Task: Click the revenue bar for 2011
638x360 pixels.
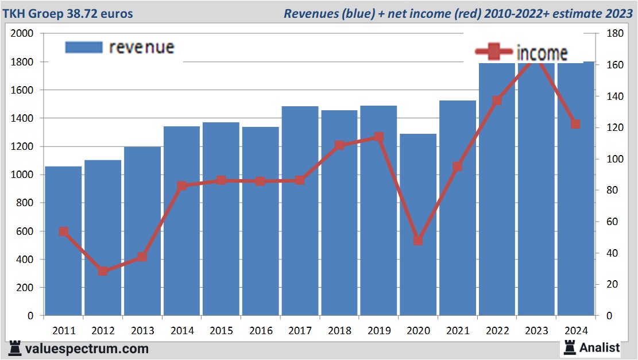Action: pyautogui.click(x=63, y=241)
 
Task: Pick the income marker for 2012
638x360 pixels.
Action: pyautogui.click(x=103, y=271)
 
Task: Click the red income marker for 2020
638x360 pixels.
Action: pyautogui.click(x=418, y=241)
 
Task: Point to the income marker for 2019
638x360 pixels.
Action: pyautogui.click(x=378, y=137)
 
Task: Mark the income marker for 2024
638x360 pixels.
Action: pyautogui.click(x=575, y=124)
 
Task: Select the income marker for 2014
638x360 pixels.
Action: pyautogui.click(x=181, y=186)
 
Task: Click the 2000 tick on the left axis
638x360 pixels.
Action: pyautogui.click(x=22, y=34)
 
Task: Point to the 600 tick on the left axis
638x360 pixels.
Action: pyautogui.click(x=26, y=231)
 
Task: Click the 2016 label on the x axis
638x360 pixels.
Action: pyautogui.click(x=261, y=331)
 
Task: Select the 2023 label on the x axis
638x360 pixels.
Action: pyautogui.click(x=536, y=331)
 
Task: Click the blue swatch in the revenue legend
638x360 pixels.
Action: pyautogui.click(x=83, y=47)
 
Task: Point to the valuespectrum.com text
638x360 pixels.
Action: pyautogui.click(x=87, y=349)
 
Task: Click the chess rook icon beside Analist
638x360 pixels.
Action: pyautogui.click(x=569, y=347)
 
